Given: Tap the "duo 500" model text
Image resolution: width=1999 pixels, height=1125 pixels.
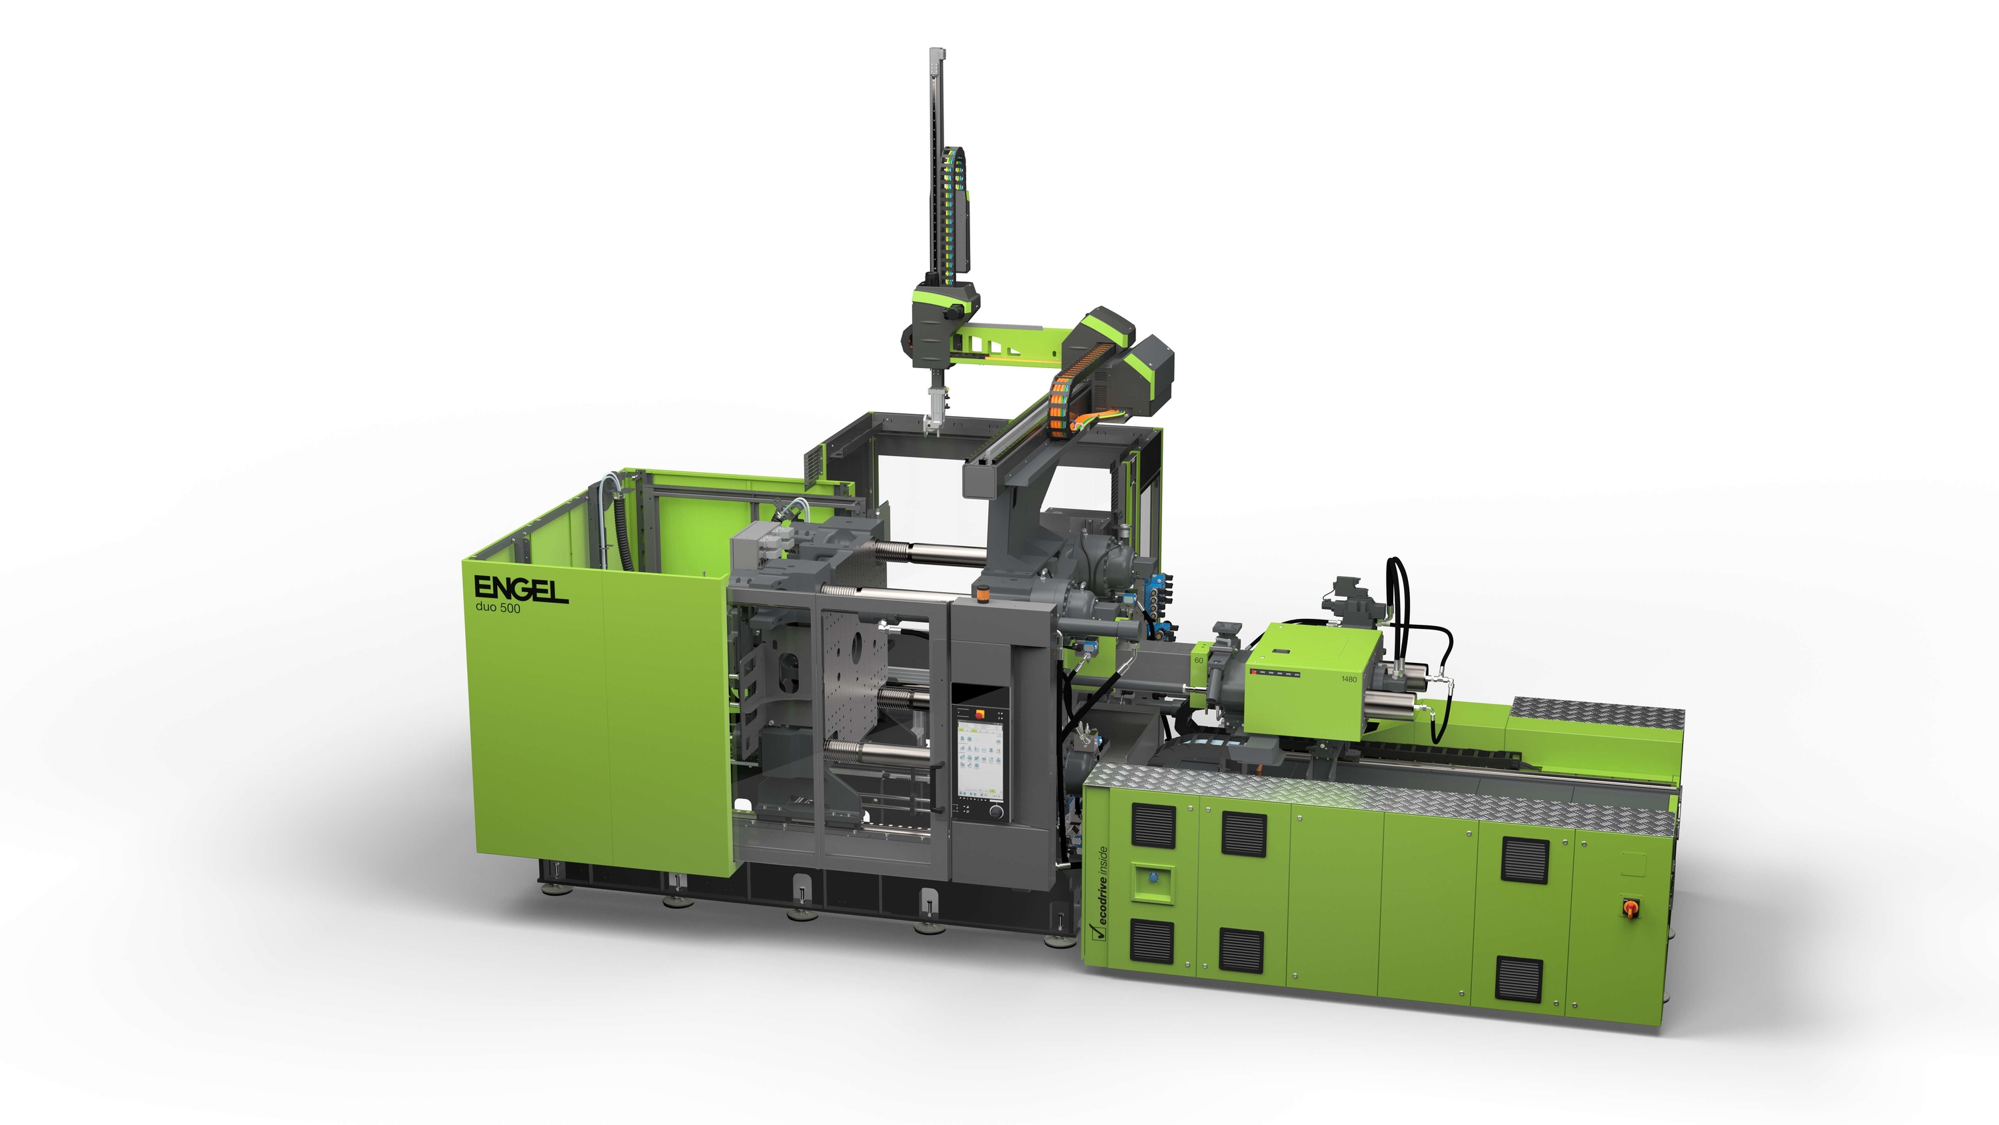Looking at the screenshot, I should tap(498, 609).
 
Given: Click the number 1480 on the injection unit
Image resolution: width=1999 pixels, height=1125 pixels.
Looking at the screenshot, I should tap(1349, 679).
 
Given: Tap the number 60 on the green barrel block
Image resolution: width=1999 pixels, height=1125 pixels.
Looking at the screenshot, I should tap(1198, 660).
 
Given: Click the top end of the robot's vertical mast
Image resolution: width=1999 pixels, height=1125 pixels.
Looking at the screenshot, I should tap(938, 52).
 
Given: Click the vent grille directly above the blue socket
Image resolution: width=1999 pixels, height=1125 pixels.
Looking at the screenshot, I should tap(1152, 824).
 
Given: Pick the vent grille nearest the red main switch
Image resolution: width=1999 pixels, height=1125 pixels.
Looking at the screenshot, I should tap(1525, 859).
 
